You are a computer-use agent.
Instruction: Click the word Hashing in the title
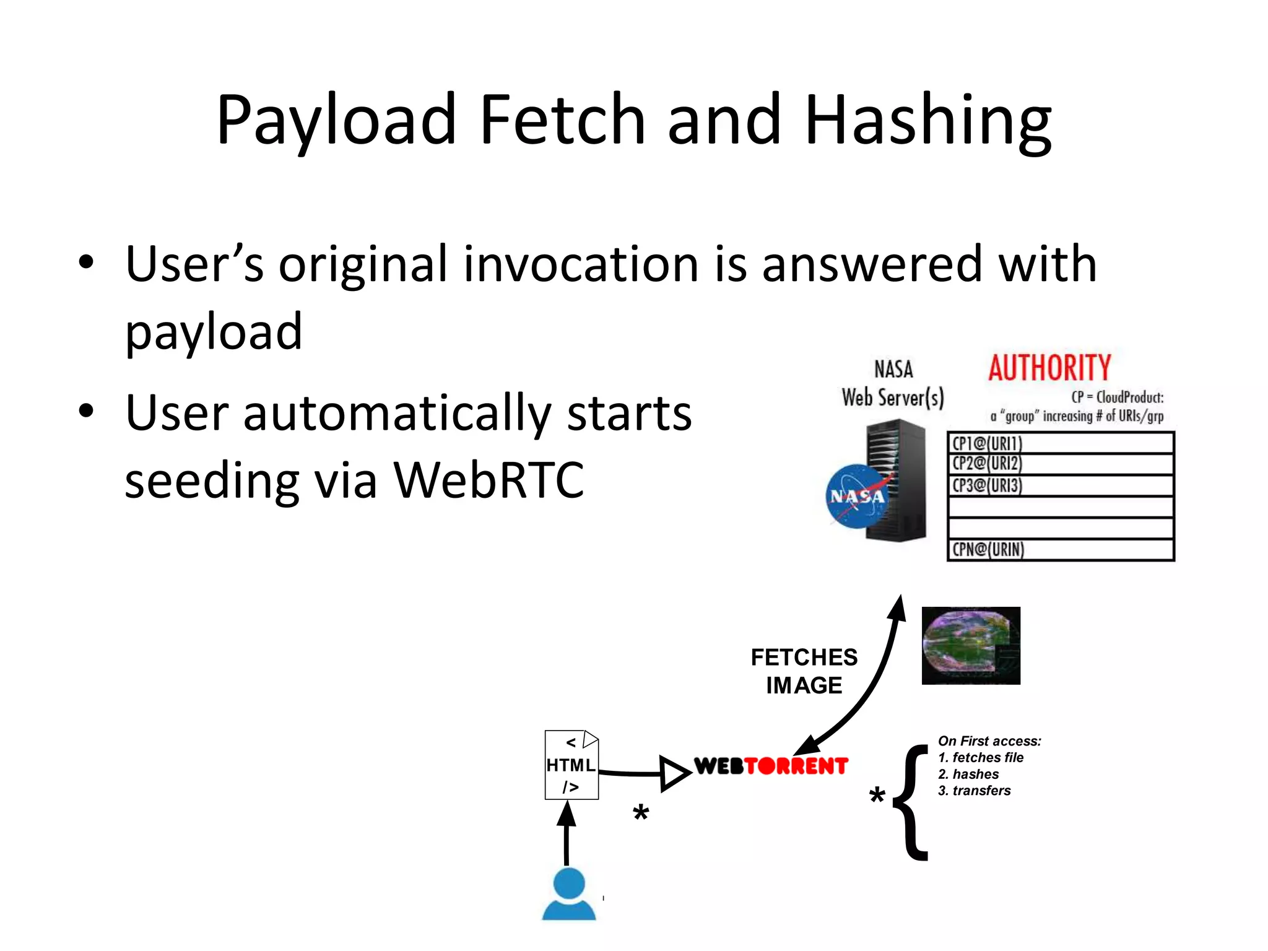click(927, 121)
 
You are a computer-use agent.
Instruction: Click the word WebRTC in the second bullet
click(489, 480)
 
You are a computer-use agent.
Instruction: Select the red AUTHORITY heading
click(1049, 368)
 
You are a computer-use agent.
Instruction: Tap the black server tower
click(898, 480)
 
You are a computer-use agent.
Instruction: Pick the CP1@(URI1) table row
click(1060, 443)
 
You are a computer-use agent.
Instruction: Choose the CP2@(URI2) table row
click(1060, 464)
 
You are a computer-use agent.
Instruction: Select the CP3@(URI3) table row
click(1060, 485)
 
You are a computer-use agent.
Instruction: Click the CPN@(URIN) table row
click(1060, 550)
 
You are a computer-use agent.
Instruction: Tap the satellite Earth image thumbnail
click(970, 646)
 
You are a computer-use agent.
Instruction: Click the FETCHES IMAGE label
click(804, 671)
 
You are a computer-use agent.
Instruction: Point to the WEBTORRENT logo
click(771, 766)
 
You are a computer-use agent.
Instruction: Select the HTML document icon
click(571, 765)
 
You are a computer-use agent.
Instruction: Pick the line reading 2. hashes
click(968, 775)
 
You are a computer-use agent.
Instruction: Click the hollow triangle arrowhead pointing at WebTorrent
click(674, 773)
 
